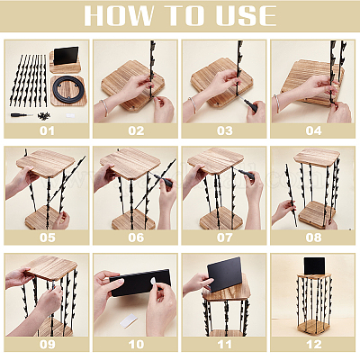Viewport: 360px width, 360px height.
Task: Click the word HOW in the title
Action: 119,15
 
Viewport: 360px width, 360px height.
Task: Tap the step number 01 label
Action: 47,130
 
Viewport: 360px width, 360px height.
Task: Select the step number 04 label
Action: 313,130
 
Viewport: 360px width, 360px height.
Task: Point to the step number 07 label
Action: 225,238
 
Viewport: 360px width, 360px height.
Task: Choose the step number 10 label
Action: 136,345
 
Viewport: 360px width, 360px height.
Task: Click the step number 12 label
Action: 313,345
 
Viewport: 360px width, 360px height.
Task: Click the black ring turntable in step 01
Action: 68,90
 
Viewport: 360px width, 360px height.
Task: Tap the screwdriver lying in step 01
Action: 22,115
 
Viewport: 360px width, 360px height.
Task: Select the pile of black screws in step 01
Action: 43,115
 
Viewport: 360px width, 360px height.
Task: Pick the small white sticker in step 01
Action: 70,115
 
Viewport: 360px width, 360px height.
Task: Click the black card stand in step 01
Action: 66,55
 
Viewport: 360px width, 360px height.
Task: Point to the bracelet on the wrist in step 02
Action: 104,107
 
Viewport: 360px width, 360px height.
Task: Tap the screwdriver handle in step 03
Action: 251,106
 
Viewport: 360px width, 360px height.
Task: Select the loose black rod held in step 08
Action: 291,194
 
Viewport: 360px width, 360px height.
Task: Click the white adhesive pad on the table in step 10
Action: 129,321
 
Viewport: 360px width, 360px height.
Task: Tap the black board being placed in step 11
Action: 225,274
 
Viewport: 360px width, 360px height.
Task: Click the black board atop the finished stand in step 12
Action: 314,265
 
